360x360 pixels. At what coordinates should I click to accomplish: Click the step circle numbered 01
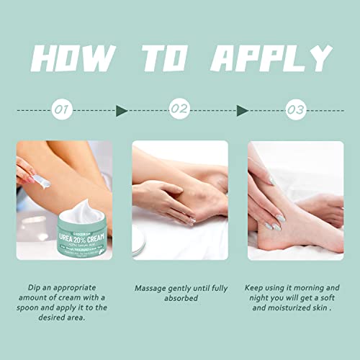click(63, 109)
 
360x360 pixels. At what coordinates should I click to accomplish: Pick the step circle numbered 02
click(179, 109)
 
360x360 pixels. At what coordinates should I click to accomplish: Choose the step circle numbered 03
click(296, 109)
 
